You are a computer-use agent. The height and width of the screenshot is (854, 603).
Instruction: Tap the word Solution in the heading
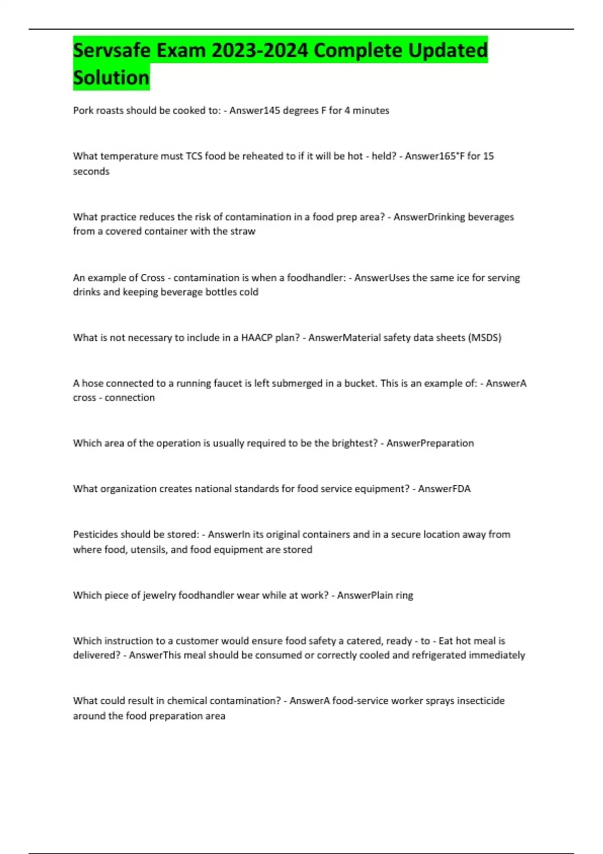(111, 78)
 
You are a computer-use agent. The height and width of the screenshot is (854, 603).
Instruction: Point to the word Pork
(83, 111)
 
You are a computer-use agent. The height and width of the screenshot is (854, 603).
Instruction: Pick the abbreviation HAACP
(257, 338)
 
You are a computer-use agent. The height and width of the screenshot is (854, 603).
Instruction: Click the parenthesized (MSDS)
(484, 338)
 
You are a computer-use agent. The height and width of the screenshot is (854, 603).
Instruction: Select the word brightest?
(353, 443)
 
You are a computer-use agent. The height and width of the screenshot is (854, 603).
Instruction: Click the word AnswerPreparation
(430, 443)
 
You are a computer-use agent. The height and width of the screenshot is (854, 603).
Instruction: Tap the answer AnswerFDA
(444, 489)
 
